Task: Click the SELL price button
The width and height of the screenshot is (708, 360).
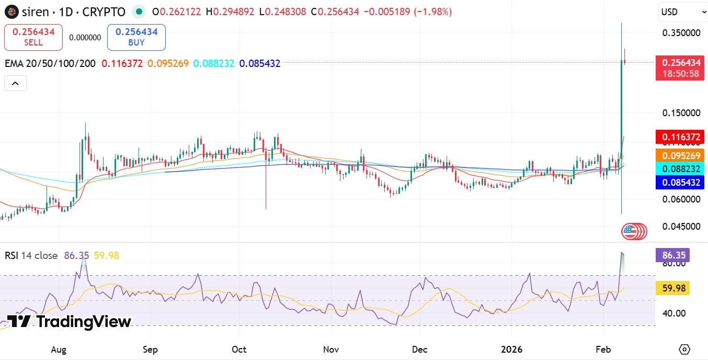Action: click(x=33, y=37)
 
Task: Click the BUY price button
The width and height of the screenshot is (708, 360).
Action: click(x=136, y=37)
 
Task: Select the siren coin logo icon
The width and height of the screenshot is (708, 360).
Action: click(x=12, y=12)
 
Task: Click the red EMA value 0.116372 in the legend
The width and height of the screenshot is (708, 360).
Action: click(x=122, y=64)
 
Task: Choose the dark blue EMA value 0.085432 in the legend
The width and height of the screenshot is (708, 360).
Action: click(x=259, y=64)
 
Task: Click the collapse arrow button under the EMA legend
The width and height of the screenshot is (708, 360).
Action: click(x=15, y=83)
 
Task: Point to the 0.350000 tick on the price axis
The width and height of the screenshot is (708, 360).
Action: click(x=681, y=32)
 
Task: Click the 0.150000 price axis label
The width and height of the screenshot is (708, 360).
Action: click(x=681, y=113)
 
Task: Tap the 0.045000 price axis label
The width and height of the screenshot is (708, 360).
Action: click(x=681, y=227)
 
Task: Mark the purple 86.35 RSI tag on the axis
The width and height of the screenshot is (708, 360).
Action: click(x=672, y=255)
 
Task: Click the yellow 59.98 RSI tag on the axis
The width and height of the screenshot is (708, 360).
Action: click(x=672, y=288)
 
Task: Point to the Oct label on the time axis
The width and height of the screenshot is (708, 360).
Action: click(x=239, y=349)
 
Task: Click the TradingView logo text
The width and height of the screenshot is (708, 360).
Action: click(x=84, y=321)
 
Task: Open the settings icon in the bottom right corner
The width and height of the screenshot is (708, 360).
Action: click(x=684, y=349)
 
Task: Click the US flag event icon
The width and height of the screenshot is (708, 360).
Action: click(x=630, y=231)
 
